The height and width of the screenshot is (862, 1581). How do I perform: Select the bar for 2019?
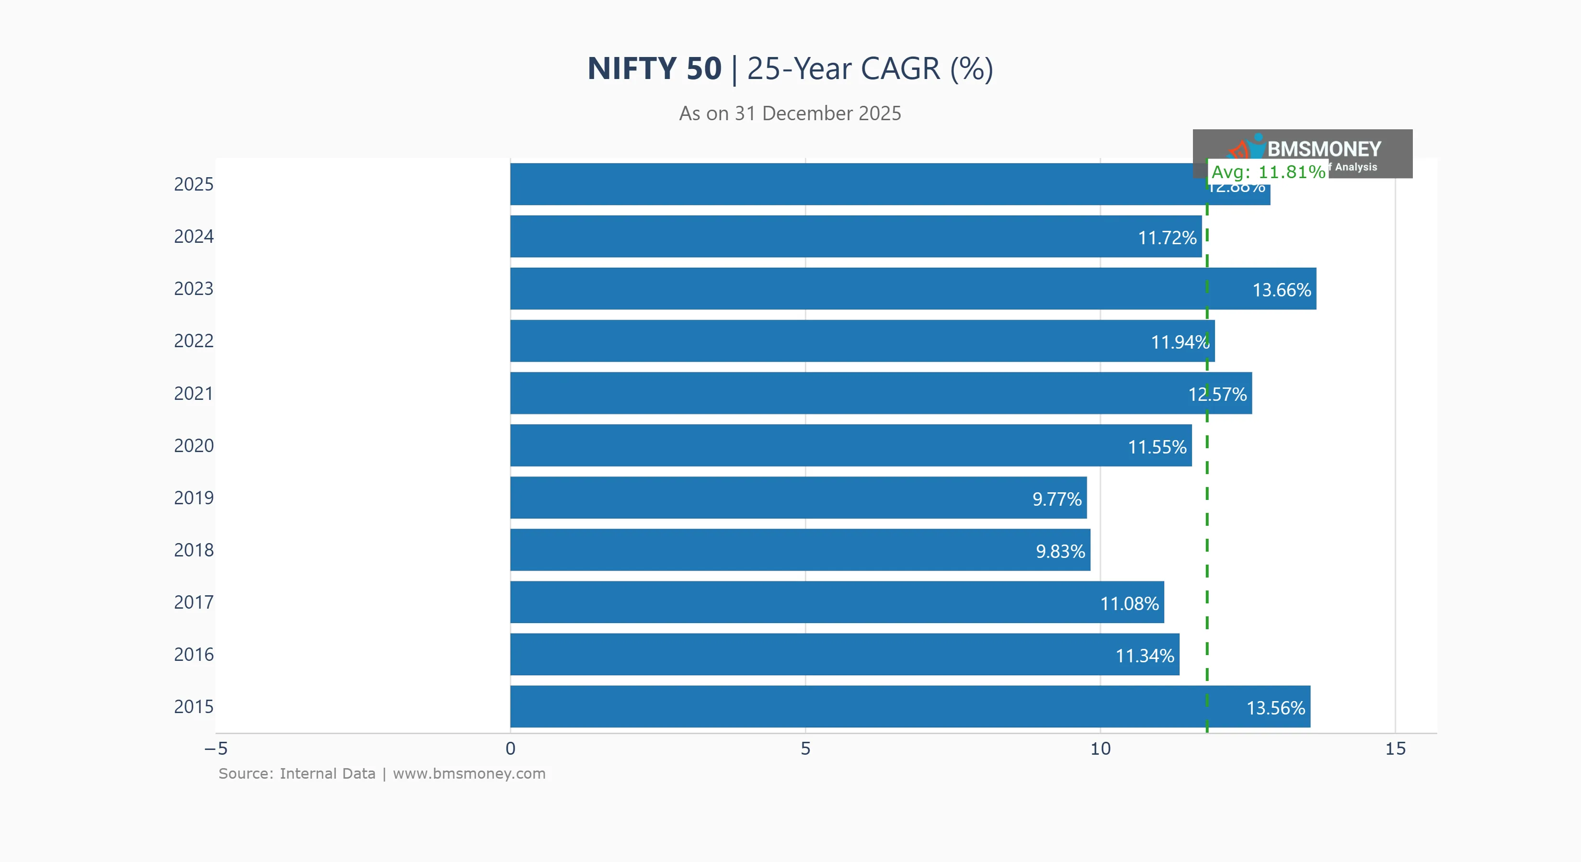(x=798, y=498)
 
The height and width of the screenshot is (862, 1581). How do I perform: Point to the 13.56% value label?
(x=1275, y=708)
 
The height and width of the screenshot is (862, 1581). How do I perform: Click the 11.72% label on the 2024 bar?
(x=1167, y=238)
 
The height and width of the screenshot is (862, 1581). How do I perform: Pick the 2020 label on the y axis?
(x=194, y=445)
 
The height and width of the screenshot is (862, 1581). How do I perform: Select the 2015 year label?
(x=194, y=707)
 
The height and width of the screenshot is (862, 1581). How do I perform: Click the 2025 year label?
(x=194, y=184)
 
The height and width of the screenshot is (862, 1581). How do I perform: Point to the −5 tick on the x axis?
(x=216, y=749)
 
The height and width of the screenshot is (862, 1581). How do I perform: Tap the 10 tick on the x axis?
(x=1100, y=749)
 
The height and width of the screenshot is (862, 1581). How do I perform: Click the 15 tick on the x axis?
(x=1395, y=749)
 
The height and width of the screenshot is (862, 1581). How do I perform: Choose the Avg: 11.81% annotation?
(x=1268, y=172)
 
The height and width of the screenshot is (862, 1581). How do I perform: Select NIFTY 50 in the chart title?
(x=654, y=68)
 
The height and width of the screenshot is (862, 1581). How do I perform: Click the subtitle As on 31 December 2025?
(x=790, y=113)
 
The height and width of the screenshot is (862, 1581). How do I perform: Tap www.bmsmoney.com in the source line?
(x=469, y=774)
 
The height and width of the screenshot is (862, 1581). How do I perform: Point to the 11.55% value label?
(x=1157, y=447)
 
